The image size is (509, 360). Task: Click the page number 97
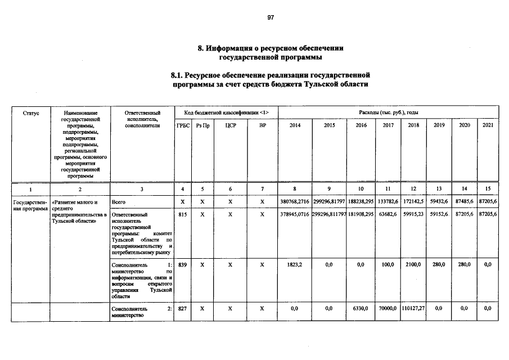click(271, 17)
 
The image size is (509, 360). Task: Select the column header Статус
click(31, 113)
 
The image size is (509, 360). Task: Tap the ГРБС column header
click(183, 125)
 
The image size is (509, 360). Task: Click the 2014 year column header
click(295, 125)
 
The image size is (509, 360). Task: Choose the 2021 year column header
click(488, 125)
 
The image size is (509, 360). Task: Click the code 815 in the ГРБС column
click(182, 214)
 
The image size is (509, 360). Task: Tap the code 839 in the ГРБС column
click(182, 264)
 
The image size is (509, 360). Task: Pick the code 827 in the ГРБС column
click(182, 309)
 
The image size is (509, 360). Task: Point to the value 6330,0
click(361, 309)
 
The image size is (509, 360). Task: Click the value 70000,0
click(388, 309)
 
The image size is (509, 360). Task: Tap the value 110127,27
click(413, 309)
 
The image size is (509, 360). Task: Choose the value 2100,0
click(413, 264)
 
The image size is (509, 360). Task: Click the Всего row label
click(119, 201)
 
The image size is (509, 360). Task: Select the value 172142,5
click(413, 201)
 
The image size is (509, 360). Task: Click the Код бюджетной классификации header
click(226, 113)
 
